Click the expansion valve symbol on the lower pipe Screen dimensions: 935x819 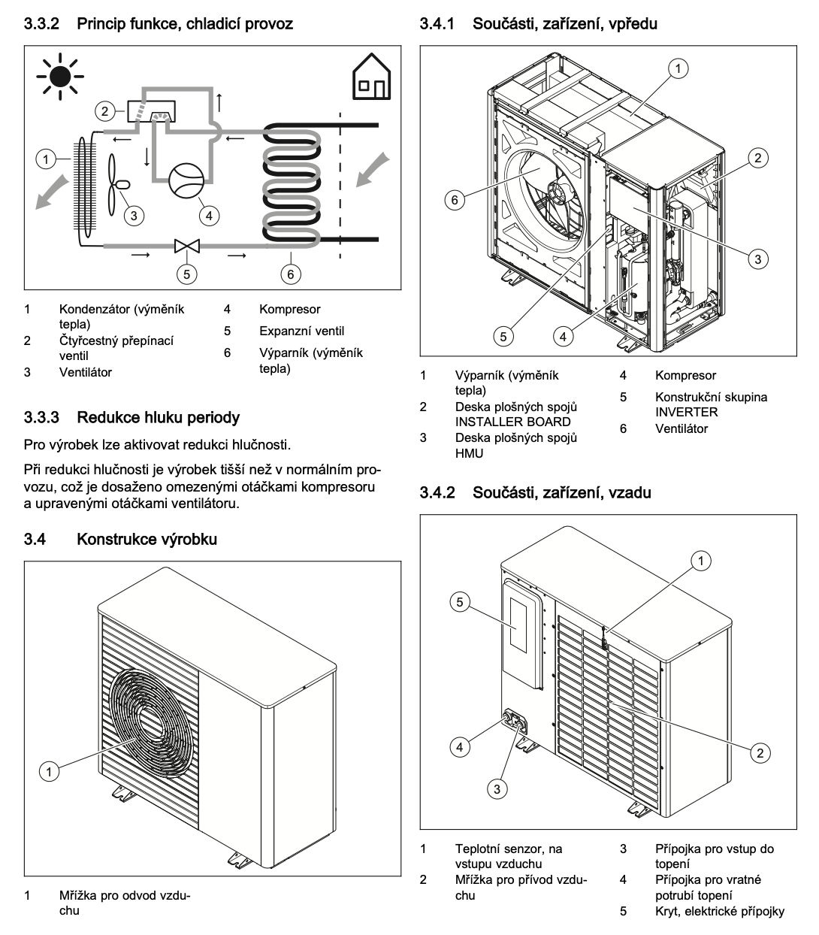click(185, 245)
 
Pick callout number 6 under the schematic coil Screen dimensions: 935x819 click(291, 274)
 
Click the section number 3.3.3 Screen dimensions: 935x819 click(46, 416)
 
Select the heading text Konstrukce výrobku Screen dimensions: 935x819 click(147, 539)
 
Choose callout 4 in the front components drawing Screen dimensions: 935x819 click(564, 336)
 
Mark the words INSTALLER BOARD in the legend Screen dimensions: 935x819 click(512, 422)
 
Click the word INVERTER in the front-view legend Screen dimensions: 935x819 click(686, 412)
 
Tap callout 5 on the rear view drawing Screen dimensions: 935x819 click(461, 601)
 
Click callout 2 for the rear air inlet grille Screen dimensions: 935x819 click(760, 752)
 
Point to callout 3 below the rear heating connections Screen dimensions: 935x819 click(496, 788)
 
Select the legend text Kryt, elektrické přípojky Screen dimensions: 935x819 click(719, 912)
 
